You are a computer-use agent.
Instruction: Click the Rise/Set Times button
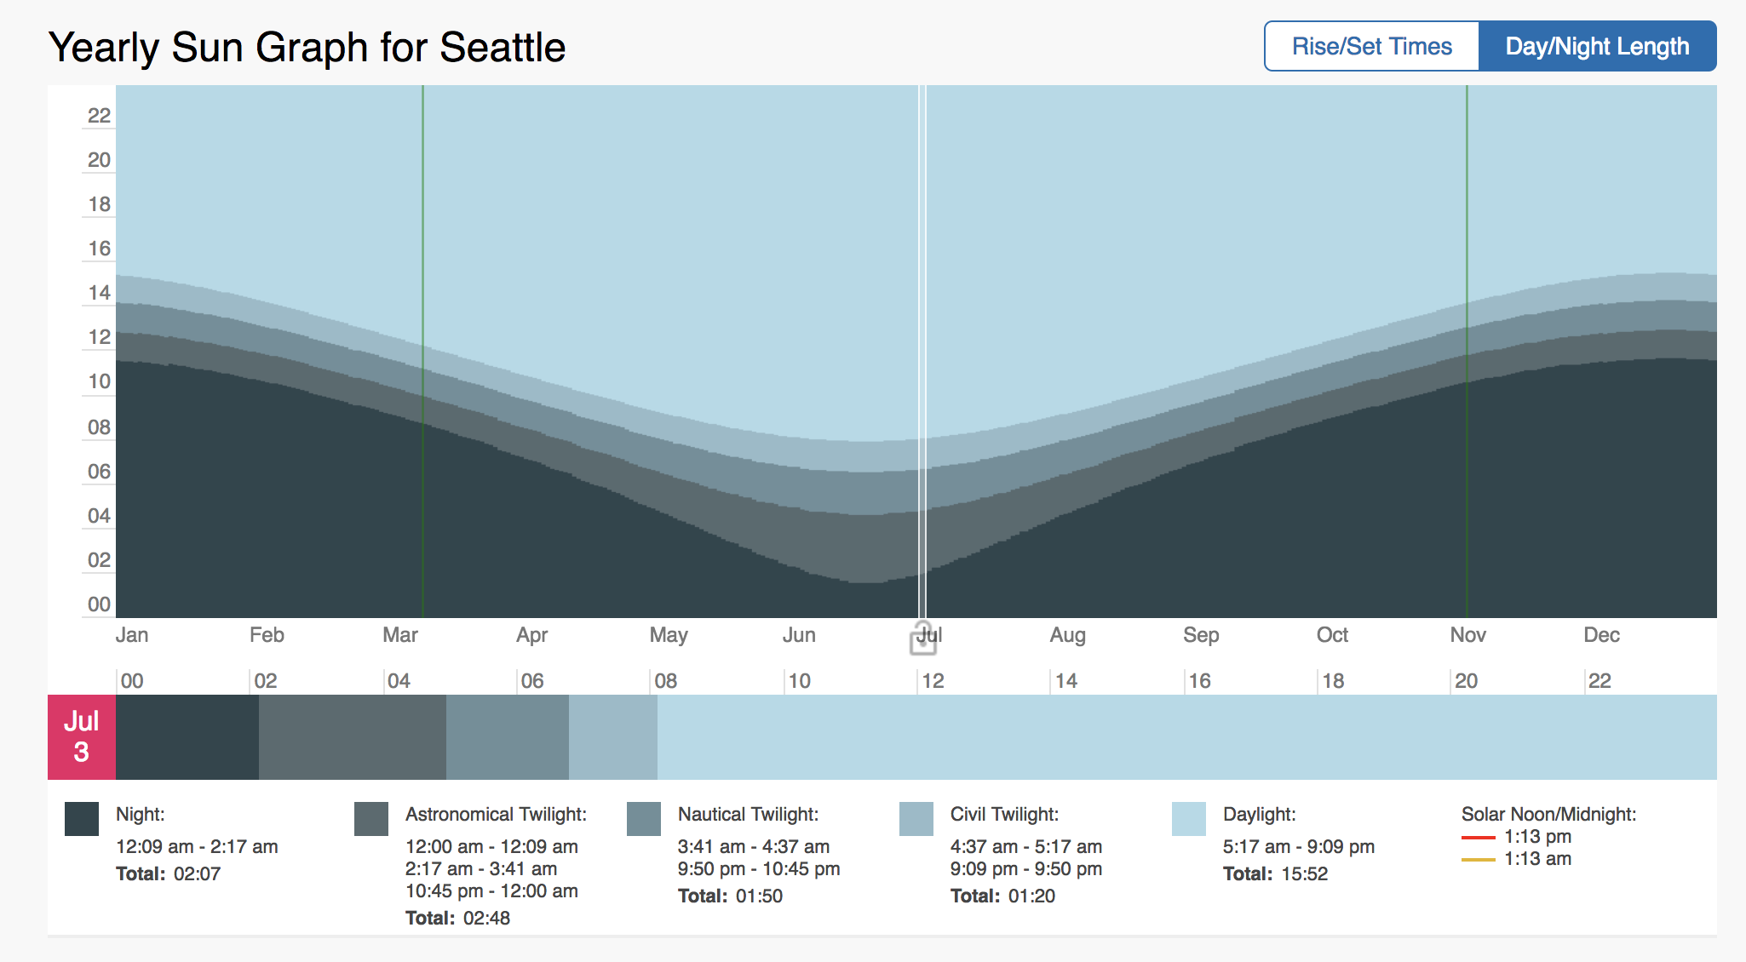pyautogui.click(x=1371, y=46)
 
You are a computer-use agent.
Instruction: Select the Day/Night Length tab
pyautogui.click(x=1597, y=46)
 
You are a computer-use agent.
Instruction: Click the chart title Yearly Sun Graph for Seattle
pyautogui.click(x=307, y=48)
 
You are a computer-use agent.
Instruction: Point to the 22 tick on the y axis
pyautogui.click(x=99, y=116)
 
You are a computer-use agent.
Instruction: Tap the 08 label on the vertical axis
pyautogui.click(x=99, y=427)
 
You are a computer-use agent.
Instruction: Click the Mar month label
pyautogui.click(x=400, y=635)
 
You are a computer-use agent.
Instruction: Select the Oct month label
pyautogui.click(x=1332, y=635)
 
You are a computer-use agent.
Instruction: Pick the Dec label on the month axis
pyautogui.click(x=1601, y=635)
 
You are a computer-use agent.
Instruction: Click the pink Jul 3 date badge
pyautogui.click(x=82, y=736)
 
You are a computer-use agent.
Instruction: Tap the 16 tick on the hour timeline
pyautogui.click(x=1199, y=681)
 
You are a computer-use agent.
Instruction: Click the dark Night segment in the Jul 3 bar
pyautogui.click(x=187, y=737)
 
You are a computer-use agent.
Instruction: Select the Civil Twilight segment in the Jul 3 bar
pyautogui.click(x=613, y=737)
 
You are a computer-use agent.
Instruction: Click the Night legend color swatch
pyautogui.click(x=82, y=819)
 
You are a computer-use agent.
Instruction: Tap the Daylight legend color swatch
pyautogui.click(x=1189, y=819)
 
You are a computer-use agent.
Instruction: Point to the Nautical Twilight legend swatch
pyautogui.click(x=644, y=819)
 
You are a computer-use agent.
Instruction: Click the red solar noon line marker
pyautogui.click(x=1479, y=838)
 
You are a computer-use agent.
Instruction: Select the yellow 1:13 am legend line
pyautogui.click(x=1479, y=860)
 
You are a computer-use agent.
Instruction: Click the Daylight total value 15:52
pyautogui.click(x=1304, y=874)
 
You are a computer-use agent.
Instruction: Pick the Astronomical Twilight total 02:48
pyautogui.click(x=486, y=919)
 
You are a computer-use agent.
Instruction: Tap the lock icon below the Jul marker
pyautogui.click(x=923, y=640)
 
